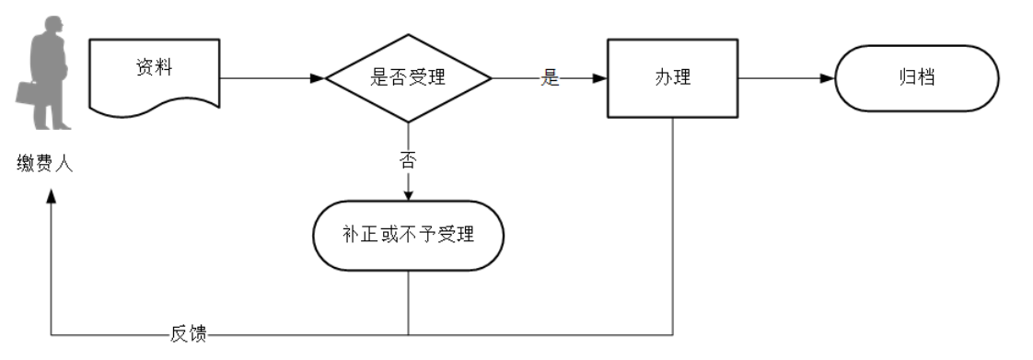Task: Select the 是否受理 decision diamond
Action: coord(407,78)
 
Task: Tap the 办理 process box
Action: coord(673,78)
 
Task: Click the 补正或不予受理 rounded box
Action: coord(408,236)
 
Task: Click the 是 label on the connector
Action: coord(550,78)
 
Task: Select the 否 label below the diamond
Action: coord(407,159)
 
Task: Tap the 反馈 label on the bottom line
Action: coord(189,333)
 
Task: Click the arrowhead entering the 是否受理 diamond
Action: coord(318,78)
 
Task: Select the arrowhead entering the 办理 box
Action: coord(599,78)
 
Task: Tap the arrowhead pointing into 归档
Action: coord(828,78)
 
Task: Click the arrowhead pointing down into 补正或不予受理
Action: coord(407,194)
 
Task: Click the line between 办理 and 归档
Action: coord(783,78)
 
